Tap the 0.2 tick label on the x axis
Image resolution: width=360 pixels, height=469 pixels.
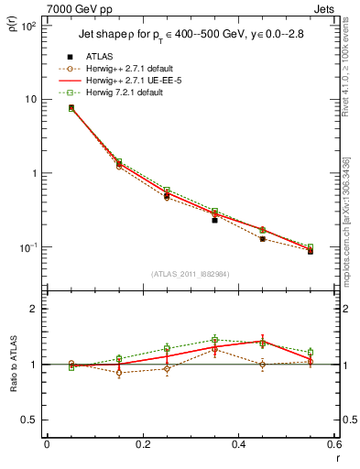[142, 444]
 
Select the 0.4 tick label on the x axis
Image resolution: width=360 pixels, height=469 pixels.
[238, 444]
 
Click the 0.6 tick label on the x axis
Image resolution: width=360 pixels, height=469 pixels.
[333, 444]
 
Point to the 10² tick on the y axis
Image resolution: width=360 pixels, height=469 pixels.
[29, 25]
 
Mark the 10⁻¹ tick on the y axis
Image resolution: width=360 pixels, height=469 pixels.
[29, 247]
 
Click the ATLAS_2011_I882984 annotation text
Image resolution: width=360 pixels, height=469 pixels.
[191, 274]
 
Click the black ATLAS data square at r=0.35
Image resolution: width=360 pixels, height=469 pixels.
[214, 220]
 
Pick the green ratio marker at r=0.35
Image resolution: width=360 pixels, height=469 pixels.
[214, 340]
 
